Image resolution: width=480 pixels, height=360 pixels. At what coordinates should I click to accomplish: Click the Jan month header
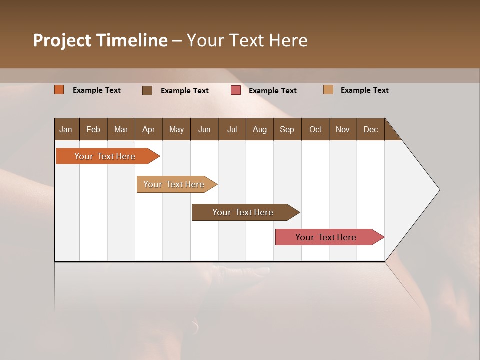click(66, 129)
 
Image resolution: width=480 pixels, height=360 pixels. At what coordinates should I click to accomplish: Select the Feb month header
click(93, 129)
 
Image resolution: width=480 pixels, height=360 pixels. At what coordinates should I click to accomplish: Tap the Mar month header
click(121, 129)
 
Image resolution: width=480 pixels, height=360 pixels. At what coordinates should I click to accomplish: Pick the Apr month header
click(148, 129)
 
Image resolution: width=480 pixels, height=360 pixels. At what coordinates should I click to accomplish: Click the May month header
click(176, 129)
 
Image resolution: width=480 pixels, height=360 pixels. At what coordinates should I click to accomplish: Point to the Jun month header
click(204, 129)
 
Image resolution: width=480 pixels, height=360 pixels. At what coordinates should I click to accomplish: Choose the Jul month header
click(232, 129)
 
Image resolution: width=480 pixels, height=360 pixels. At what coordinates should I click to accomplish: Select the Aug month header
click(259, 129)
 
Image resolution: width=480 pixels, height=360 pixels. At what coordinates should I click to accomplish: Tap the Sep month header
click(287, 129)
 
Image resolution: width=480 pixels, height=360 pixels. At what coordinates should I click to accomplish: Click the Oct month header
click(315, 129)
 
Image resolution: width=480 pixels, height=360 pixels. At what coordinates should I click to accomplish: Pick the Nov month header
click(343, 129)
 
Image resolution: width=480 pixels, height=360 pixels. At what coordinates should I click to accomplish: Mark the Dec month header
click(370, 129)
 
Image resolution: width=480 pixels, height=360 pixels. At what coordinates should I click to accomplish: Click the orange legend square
click(59, 90)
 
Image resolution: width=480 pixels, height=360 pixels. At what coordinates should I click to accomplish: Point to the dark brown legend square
click(147, 90)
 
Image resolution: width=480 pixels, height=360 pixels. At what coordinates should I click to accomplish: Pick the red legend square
click(236, 90)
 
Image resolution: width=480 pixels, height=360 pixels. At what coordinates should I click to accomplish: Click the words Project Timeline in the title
click(100, 40)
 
